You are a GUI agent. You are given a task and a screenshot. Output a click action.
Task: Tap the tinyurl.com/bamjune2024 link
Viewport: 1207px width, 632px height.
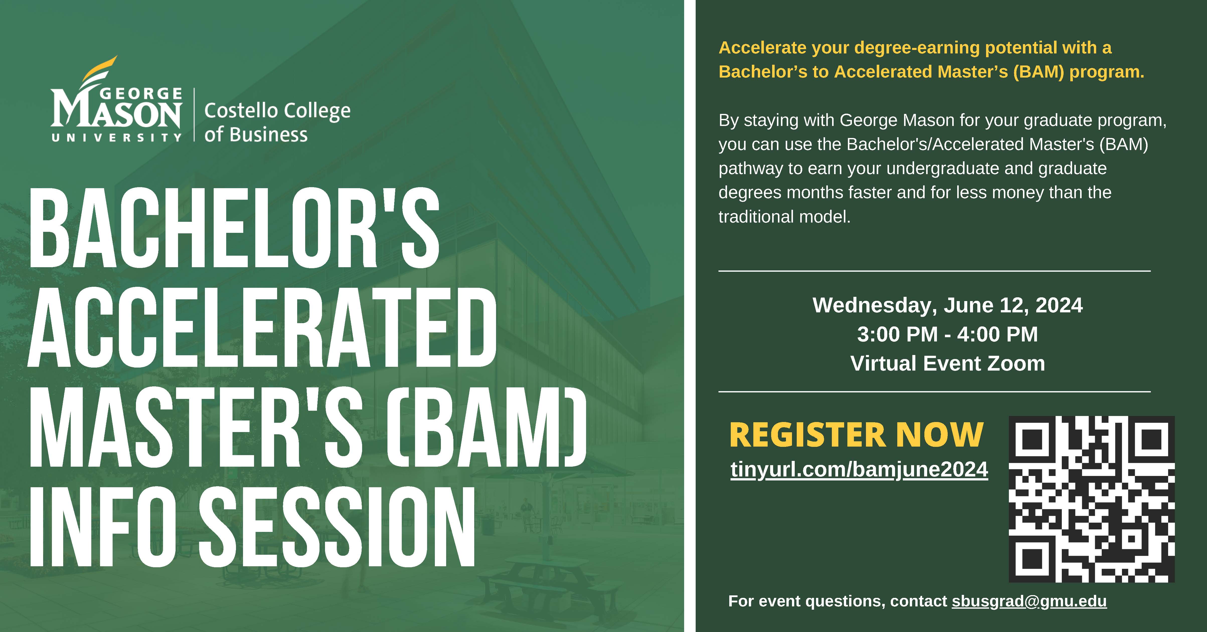coord(859,470)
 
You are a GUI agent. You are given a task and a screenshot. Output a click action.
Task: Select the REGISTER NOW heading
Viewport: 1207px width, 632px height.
coord(856,435)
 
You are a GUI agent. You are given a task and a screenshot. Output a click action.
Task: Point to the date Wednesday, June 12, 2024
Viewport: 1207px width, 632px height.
coord(947,306)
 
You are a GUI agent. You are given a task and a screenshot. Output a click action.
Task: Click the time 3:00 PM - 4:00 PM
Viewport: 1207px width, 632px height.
coord(947,334)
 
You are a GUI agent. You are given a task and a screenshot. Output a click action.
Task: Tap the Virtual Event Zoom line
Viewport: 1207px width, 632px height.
coord(947,363)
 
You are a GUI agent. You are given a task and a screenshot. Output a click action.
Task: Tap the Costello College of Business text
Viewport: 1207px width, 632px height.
coord(277,122)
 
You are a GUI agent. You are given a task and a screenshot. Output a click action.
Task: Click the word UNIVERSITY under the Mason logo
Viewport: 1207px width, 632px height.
coord(116,138)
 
